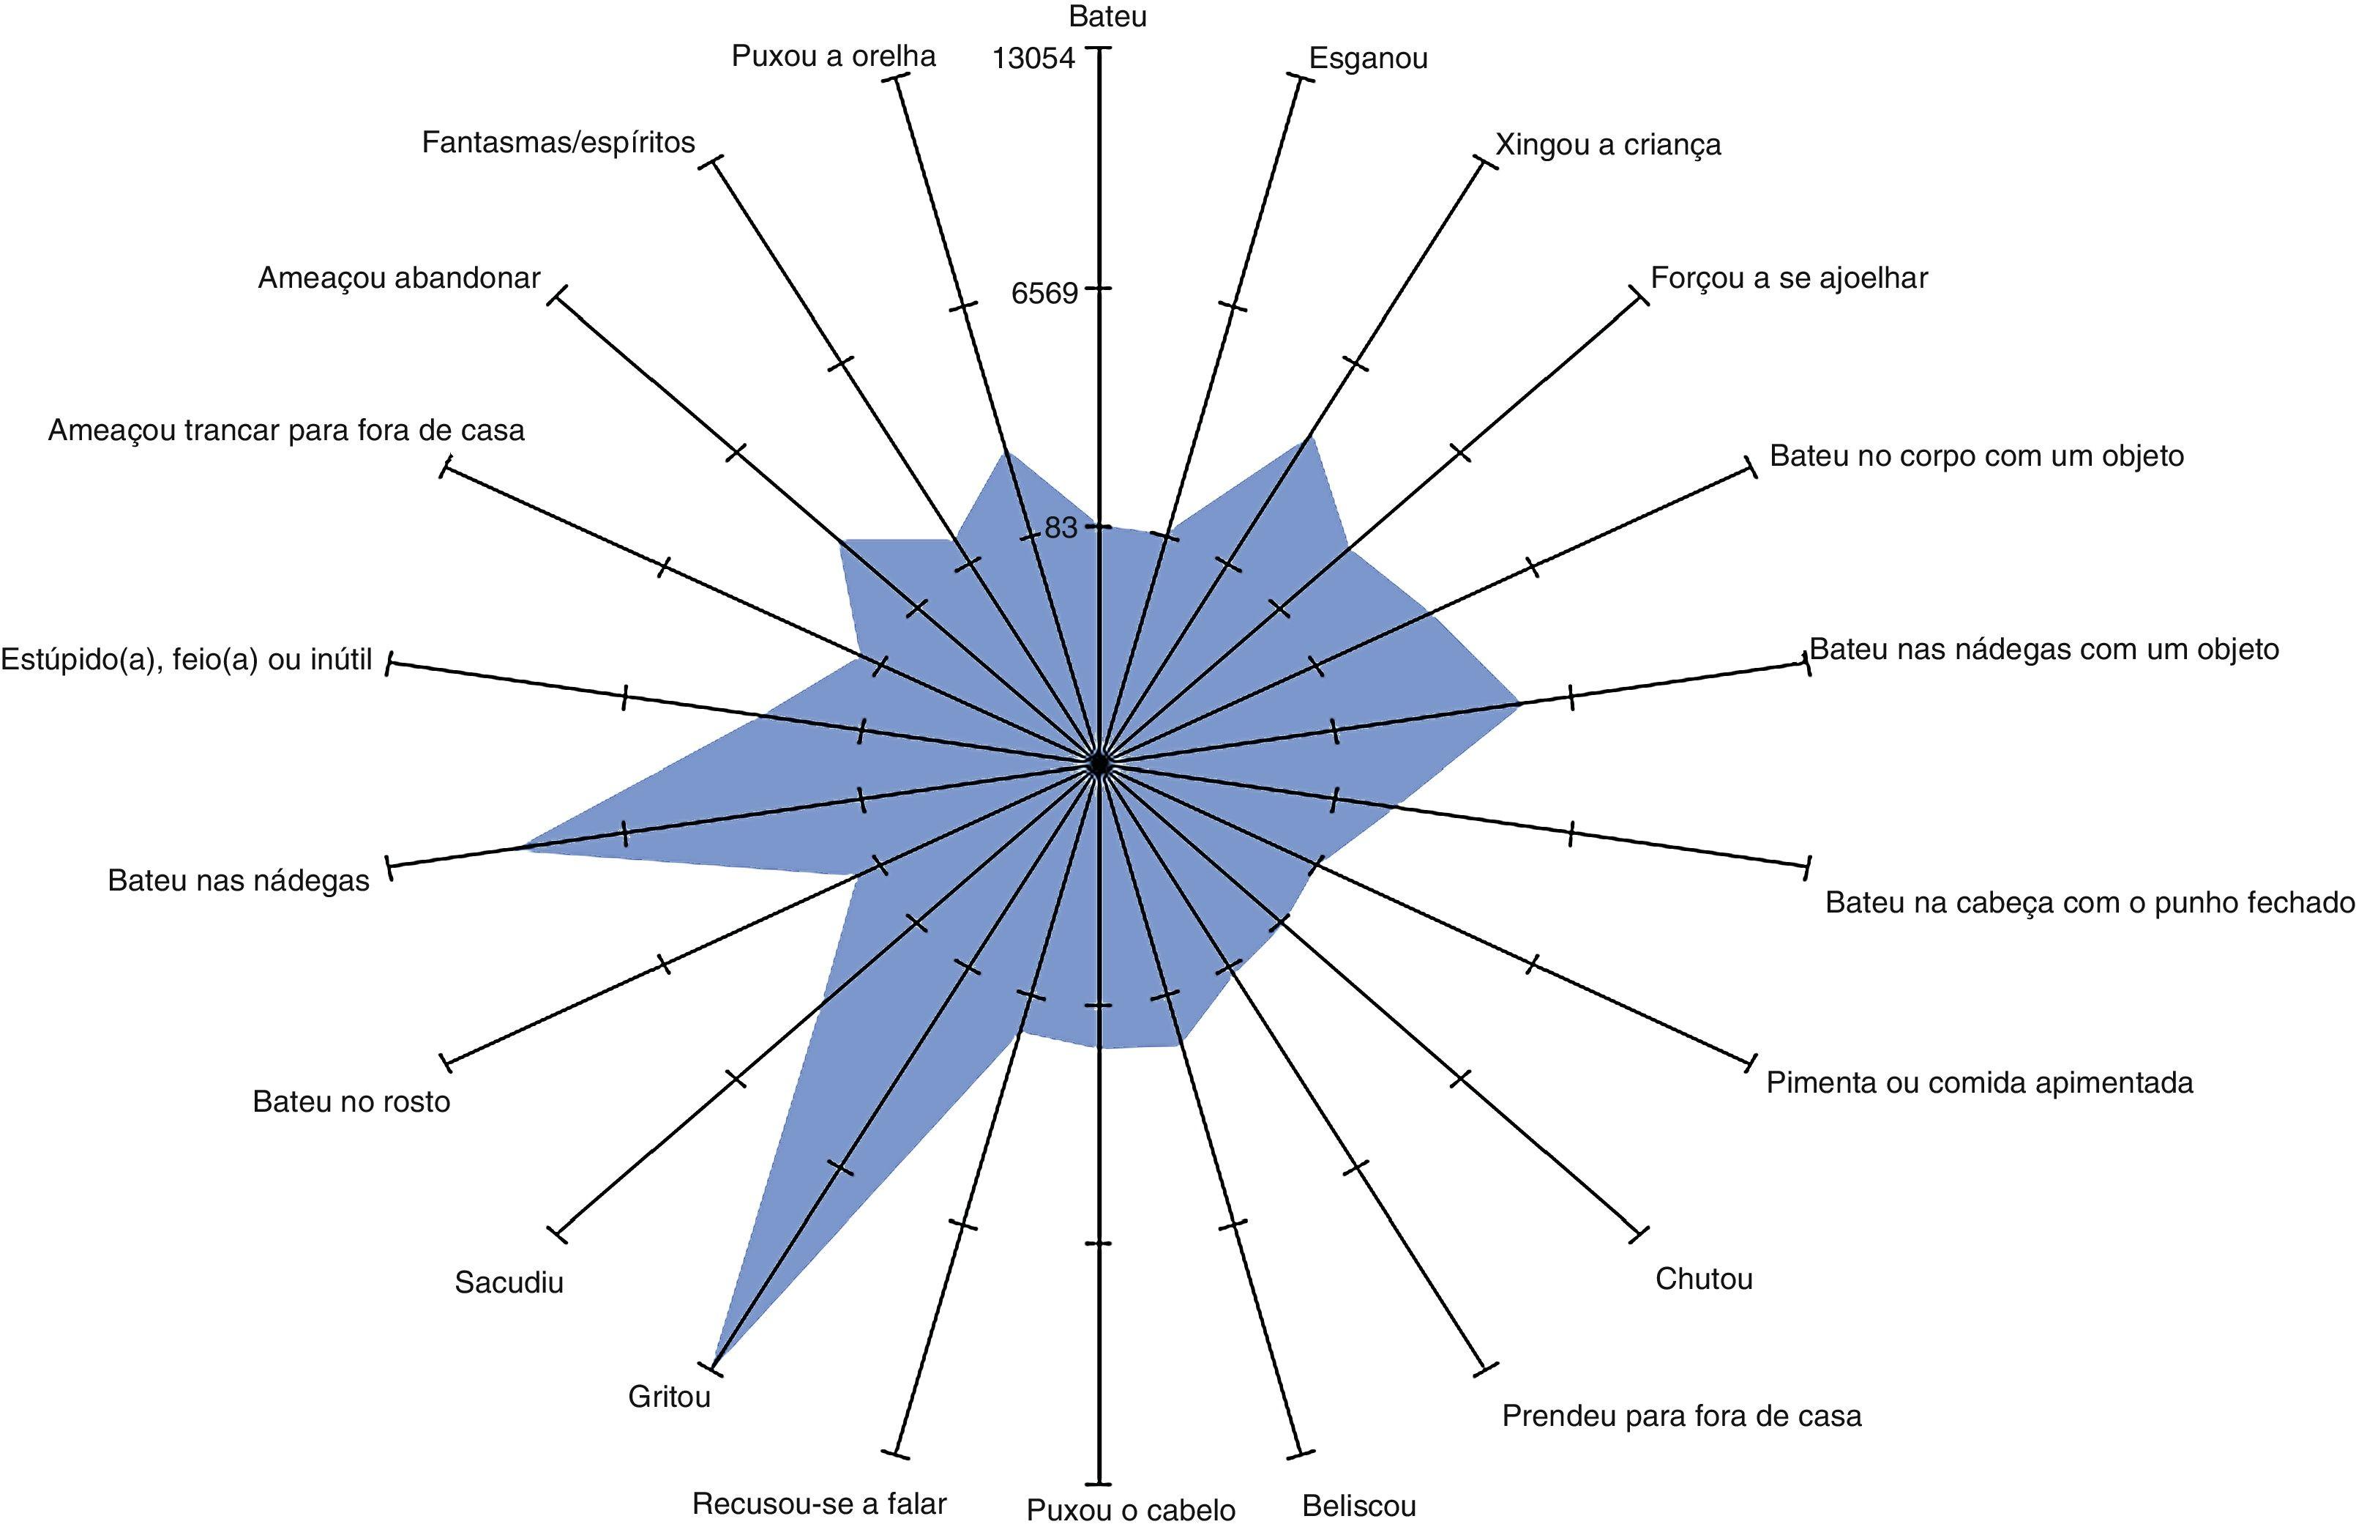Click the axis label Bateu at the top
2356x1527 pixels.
1107,17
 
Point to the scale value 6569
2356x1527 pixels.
1044,293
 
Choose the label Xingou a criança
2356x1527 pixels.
1607,144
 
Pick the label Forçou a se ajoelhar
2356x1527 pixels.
1789,278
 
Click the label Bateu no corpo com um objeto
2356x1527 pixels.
1976,456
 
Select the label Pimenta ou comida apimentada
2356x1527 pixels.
1979,1082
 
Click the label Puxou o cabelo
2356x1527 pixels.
1131,1509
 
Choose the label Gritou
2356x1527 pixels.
669,1397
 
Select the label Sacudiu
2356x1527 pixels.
509,1282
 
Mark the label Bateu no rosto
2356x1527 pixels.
351,1101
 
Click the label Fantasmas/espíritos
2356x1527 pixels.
558,143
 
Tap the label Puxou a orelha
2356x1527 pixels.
834,56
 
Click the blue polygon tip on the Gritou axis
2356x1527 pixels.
715,1367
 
